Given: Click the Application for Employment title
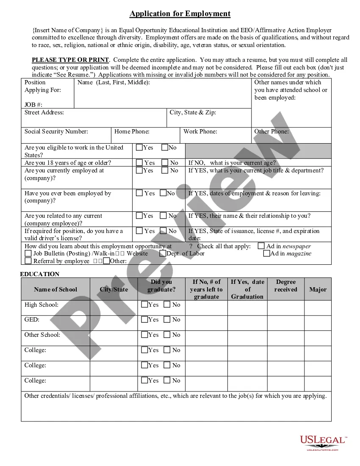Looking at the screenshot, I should pos(180,14).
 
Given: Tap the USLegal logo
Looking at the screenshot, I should pos(323,443).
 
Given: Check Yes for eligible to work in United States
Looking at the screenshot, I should pos(139,148).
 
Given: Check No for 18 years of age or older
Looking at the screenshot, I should pos(165,163).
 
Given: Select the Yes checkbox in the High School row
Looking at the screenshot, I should pos(144,304).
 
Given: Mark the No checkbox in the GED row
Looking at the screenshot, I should pos(167,319).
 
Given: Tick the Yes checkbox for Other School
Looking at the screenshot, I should pos(144,335).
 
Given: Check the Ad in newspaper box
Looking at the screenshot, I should pos(261,246).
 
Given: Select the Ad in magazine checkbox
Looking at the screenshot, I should pos(266,254).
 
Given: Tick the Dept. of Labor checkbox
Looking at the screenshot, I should pos(163,254).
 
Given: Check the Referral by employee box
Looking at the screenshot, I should pos(28,261).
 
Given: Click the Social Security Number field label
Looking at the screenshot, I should pos(56,131).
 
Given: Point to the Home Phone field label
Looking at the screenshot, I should pos(132,131).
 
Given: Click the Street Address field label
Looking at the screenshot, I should pos(44,112).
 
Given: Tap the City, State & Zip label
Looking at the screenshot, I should pos(193,112).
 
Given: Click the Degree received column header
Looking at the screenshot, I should pos(285,286).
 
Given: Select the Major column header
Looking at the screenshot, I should pos(318,289).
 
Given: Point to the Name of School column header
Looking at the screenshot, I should pos(55,289).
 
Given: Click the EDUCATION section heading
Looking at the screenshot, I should pos(40,274).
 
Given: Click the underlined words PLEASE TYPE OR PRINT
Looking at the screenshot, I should pos(70,60).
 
